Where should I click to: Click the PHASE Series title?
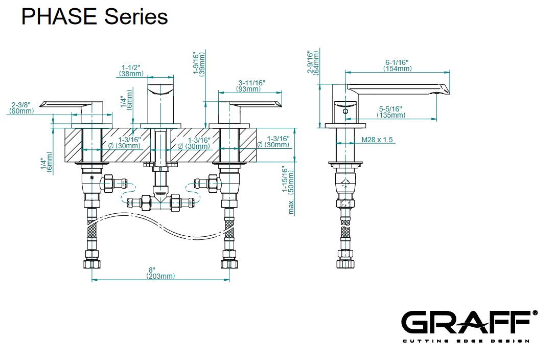click(95, 17)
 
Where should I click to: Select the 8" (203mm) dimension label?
click(160, 273)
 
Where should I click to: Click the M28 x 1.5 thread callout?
click(377, 140)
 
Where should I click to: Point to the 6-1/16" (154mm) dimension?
click(398, 65)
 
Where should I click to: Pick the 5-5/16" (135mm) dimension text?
click(391, 111)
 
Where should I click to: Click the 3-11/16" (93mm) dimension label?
click(251, 85)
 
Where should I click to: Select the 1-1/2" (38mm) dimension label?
click(131, 70)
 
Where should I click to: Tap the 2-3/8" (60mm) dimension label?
click(22, 107)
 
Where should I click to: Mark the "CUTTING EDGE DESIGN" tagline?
click(465, 341)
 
